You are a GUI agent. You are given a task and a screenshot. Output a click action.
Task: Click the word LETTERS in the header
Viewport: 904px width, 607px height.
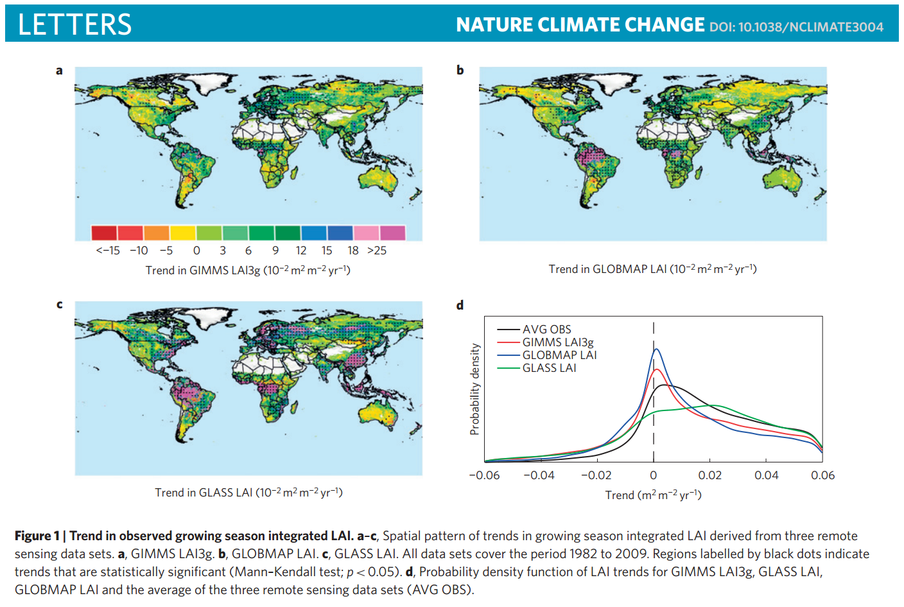[x=74, y=24]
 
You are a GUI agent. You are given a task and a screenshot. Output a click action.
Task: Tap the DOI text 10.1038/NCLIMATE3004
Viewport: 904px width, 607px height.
[x=810, y=27]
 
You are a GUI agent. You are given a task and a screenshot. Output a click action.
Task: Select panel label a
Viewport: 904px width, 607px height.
[x=59, y=71]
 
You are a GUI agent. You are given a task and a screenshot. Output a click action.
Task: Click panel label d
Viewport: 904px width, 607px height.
[x=460, y=305]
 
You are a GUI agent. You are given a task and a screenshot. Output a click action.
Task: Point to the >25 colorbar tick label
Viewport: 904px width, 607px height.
[x=377, y=251]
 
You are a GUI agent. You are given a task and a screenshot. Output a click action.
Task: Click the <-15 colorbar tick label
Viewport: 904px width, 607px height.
[x=107, y=251]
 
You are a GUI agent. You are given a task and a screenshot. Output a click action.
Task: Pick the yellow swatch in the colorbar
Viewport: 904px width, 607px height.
[x=182, y=233]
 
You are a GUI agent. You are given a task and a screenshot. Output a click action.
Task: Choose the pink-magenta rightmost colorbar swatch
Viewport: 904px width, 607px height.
[x=392, y=233]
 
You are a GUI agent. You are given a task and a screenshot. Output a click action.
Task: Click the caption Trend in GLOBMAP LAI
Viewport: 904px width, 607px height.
[x=652, y=269]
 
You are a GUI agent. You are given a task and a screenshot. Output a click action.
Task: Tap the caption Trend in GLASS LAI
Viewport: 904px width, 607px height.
[x=248, y=493]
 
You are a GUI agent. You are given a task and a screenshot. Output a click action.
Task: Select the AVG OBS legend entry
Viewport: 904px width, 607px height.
[x=546, y=330]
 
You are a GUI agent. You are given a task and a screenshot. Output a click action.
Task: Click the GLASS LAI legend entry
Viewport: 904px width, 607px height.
[x=549, y=368]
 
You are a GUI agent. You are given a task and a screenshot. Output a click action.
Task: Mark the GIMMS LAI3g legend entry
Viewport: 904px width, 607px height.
[x=557, y=342]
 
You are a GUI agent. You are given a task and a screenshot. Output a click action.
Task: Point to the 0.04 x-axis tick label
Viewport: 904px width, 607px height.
[x=766, y=475]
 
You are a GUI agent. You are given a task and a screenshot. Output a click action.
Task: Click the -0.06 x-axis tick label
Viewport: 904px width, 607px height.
[x=484, y=475]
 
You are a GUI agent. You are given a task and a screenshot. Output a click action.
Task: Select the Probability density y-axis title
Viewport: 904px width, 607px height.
[x=475, y=389]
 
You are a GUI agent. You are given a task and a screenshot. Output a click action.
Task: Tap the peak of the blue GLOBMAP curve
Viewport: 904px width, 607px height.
[x=656, y=349]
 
